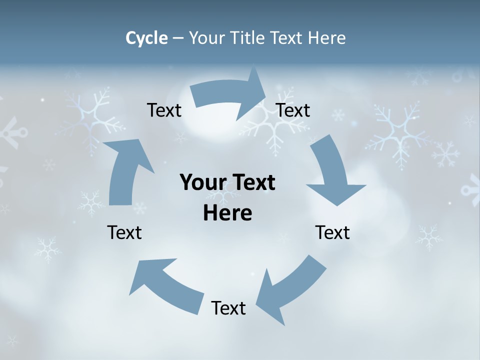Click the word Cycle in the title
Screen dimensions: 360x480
point(146,38)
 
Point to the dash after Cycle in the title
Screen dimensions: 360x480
point(178,38)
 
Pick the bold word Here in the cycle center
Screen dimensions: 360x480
point(227,213)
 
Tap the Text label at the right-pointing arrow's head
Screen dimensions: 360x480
point(293,110)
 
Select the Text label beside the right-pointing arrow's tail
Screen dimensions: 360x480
point(164,110)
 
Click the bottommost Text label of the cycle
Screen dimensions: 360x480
point(228,308)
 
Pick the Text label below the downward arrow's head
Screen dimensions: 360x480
point(332,232)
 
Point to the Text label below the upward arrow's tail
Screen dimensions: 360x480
point(124,232)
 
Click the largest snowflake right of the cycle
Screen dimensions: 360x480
point(397,132)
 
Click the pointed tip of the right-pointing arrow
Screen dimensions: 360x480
point(266,92)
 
